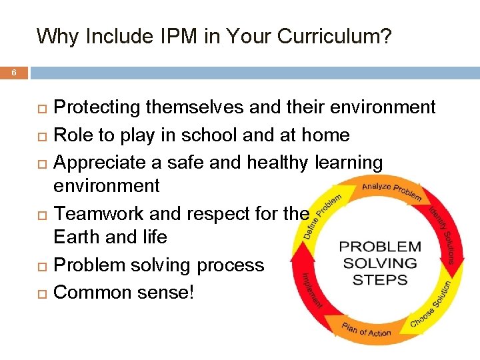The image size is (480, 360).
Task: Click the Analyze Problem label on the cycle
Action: [x=392, y=191]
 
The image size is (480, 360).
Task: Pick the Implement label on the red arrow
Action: [x=312, y=289]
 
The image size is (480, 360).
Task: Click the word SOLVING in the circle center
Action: [x=380, y=263]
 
